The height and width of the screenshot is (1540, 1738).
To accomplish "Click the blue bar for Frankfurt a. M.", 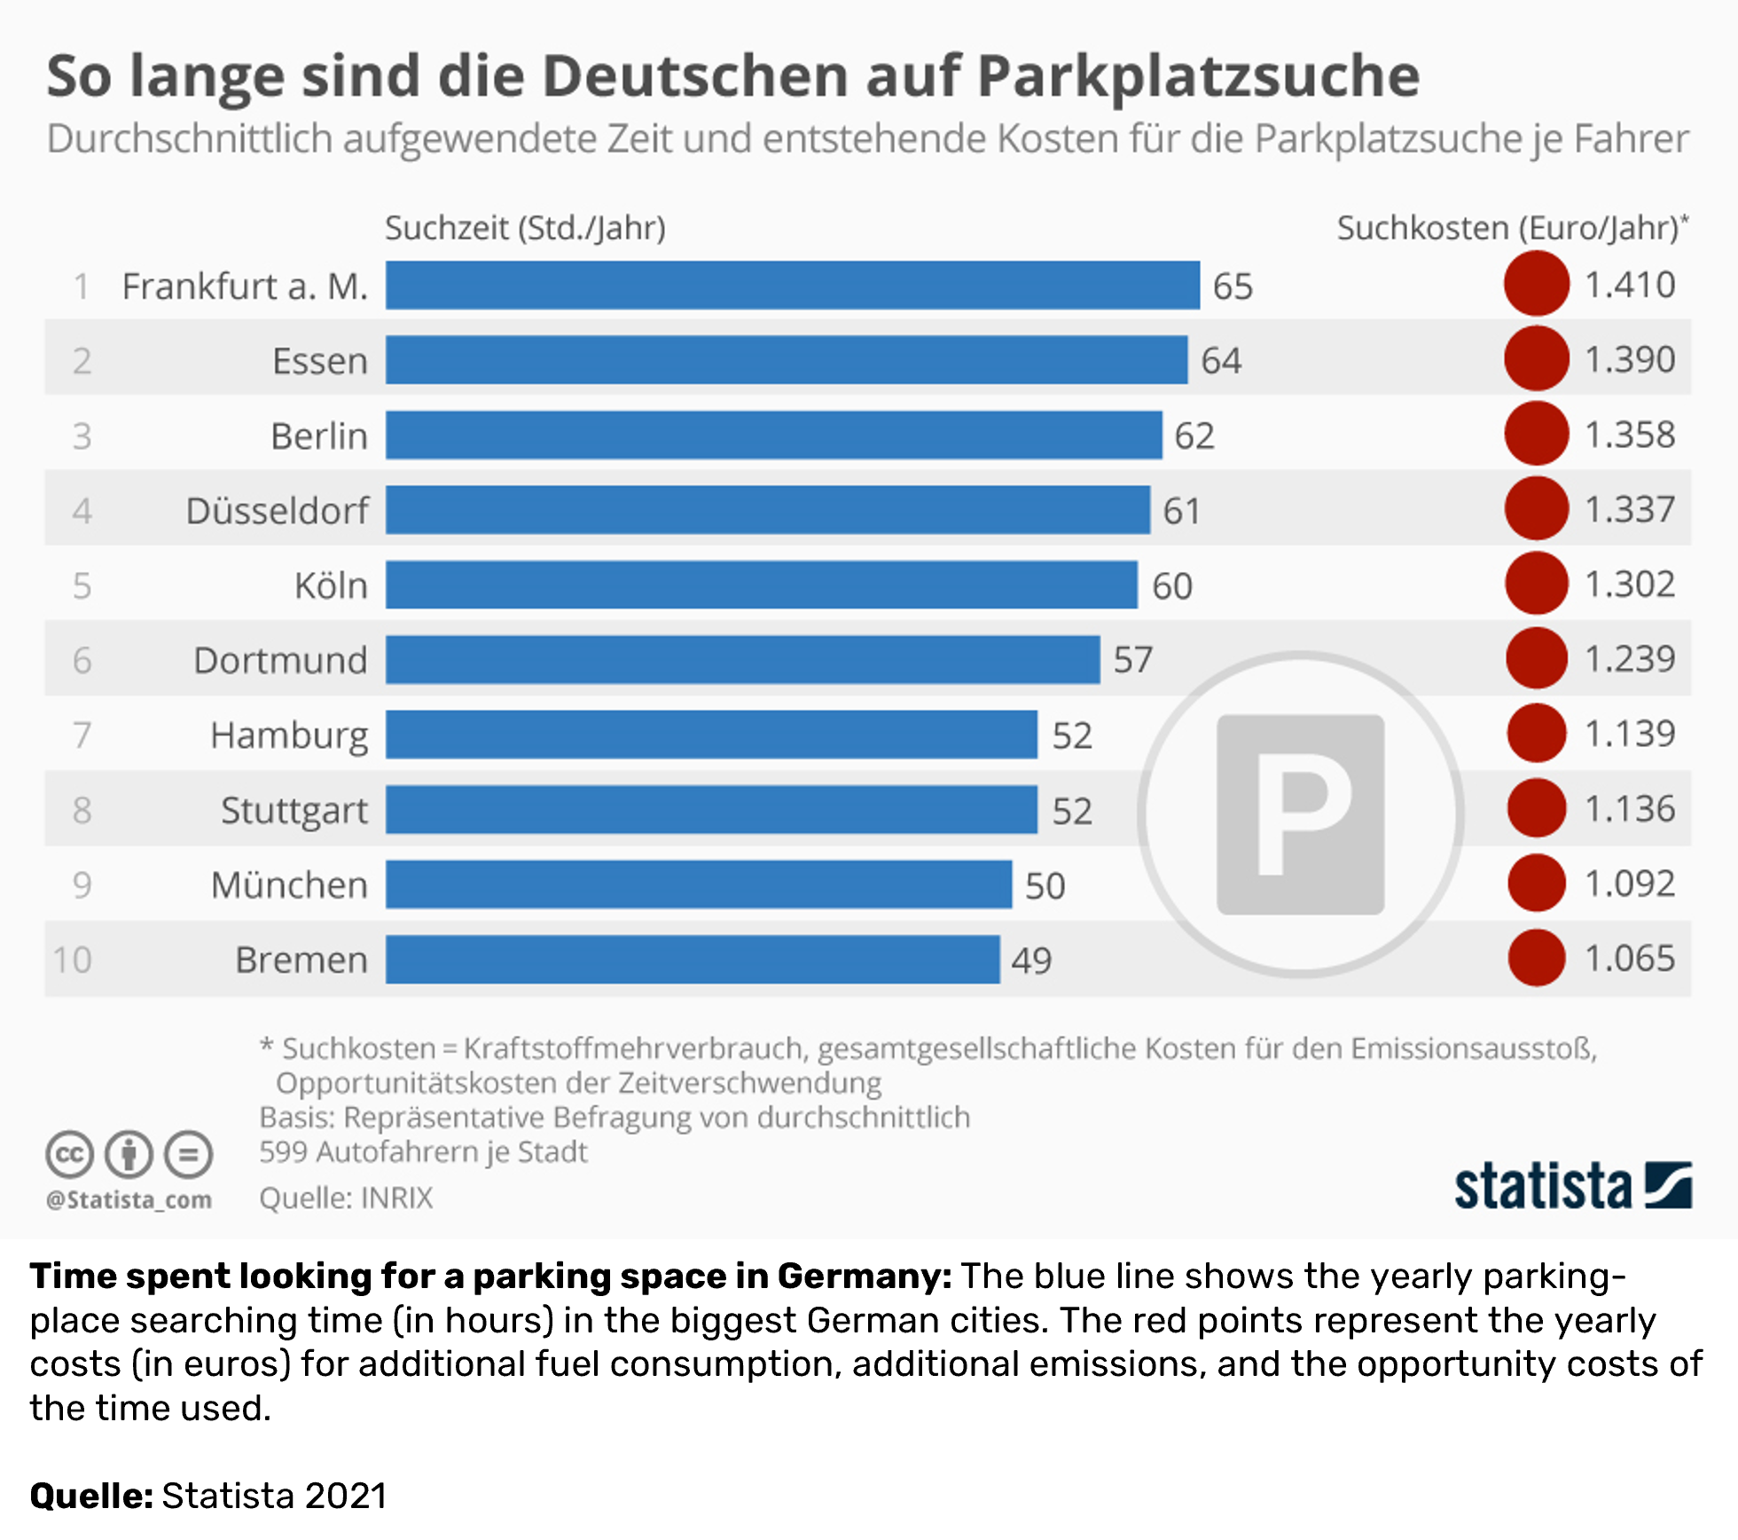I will click(x=792, y=286).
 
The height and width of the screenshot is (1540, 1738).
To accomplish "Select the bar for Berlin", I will click(x=773, y=436).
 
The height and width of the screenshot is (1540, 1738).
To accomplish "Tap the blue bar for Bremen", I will click(x=693, y=959).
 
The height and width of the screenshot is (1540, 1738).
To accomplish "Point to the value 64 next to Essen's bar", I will click(x=1221, y=361).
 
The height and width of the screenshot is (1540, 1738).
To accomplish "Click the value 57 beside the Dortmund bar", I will click(x=1133, y=660).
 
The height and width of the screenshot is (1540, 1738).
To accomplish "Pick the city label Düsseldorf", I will click(x=277, y=511).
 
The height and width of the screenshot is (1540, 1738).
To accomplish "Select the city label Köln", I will click(x=331, y=585).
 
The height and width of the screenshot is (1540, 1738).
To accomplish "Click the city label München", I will click(x=289, y=884).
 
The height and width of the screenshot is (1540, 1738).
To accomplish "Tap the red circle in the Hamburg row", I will click(x=1537, y=734).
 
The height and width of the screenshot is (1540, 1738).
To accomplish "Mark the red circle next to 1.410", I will click(x=1537, y=284).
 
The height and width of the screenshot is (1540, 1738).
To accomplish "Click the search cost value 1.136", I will click(x=1630, y=809).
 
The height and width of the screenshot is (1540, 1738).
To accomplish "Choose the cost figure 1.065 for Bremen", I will click(x=1630, y=958).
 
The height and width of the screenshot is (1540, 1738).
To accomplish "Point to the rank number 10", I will click(x=72, y=960).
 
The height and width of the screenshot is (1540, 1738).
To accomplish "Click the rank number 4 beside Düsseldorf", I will click(x=82, y=511).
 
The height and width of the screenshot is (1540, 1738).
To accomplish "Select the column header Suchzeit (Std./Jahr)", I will click(x=525, y=229).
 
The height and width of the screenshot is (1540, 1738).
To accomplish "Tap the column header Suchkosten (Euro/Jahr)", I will click(x=1511, y=229).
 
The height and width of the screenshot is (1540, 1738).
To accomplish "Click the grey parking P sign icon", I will click(x=1300, y=813).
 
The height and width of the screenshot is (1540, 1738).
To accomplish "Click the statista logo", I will click(x=1572, y=1186).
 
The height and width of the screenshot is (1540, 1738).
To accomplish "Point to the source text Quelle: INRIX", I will click(x=346, y=1198).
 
